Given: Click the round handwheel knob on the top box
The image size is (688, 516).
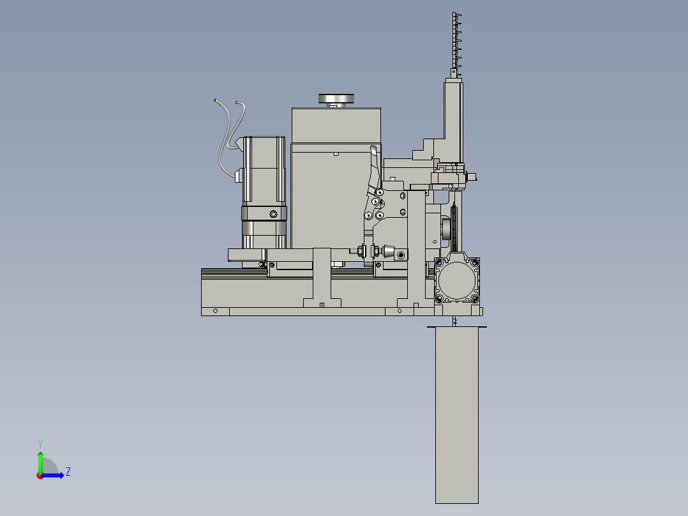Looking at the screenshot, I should tap(336, 98).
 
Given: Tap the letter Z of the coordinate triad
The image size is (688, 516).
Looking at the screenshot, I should tap(68, 472).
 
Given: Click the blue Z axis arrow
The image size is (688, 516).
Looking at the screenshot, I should tap(54, 474).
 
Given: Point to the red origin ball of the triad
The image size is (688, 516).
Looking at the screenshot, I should tap(40, 475).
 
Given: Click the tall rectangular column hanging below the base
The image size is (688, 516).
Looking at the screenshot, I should tap(456, 415).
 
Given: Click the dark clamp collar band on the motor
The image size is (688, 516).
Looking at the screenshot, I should tap(263, 213).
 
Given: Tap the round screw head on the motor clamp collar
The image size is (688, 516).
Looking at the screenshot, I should tap(273, 213).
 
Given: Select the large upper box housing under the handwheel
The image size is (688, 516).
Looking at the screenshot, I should tap(336, 125).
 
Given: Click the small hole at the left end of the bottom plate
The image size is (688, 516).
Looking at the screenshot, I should tap(215, 311).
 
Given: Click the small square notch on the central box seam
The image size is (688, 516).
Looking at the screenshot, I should tap(336, 153).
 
